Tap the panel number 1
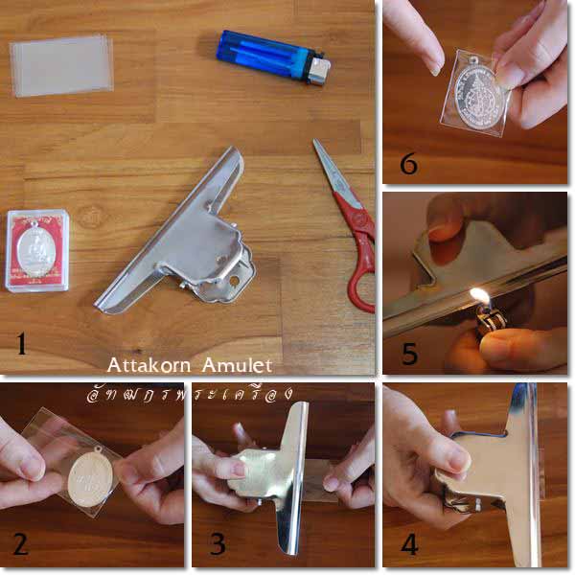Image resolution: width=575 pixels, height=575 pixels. click(20, 343)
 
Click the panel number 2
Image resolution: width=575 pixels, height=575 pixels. click(20, 543)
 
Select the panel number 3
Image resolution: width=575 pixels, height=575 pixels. click(218, 543)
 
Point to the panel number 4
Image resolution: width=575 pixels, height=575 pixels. click(409, 543)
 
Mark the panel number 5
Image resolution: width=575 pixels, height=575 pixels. click(409, 354)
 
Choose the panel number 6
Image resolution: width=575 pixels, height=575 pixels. click(409, 164)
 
